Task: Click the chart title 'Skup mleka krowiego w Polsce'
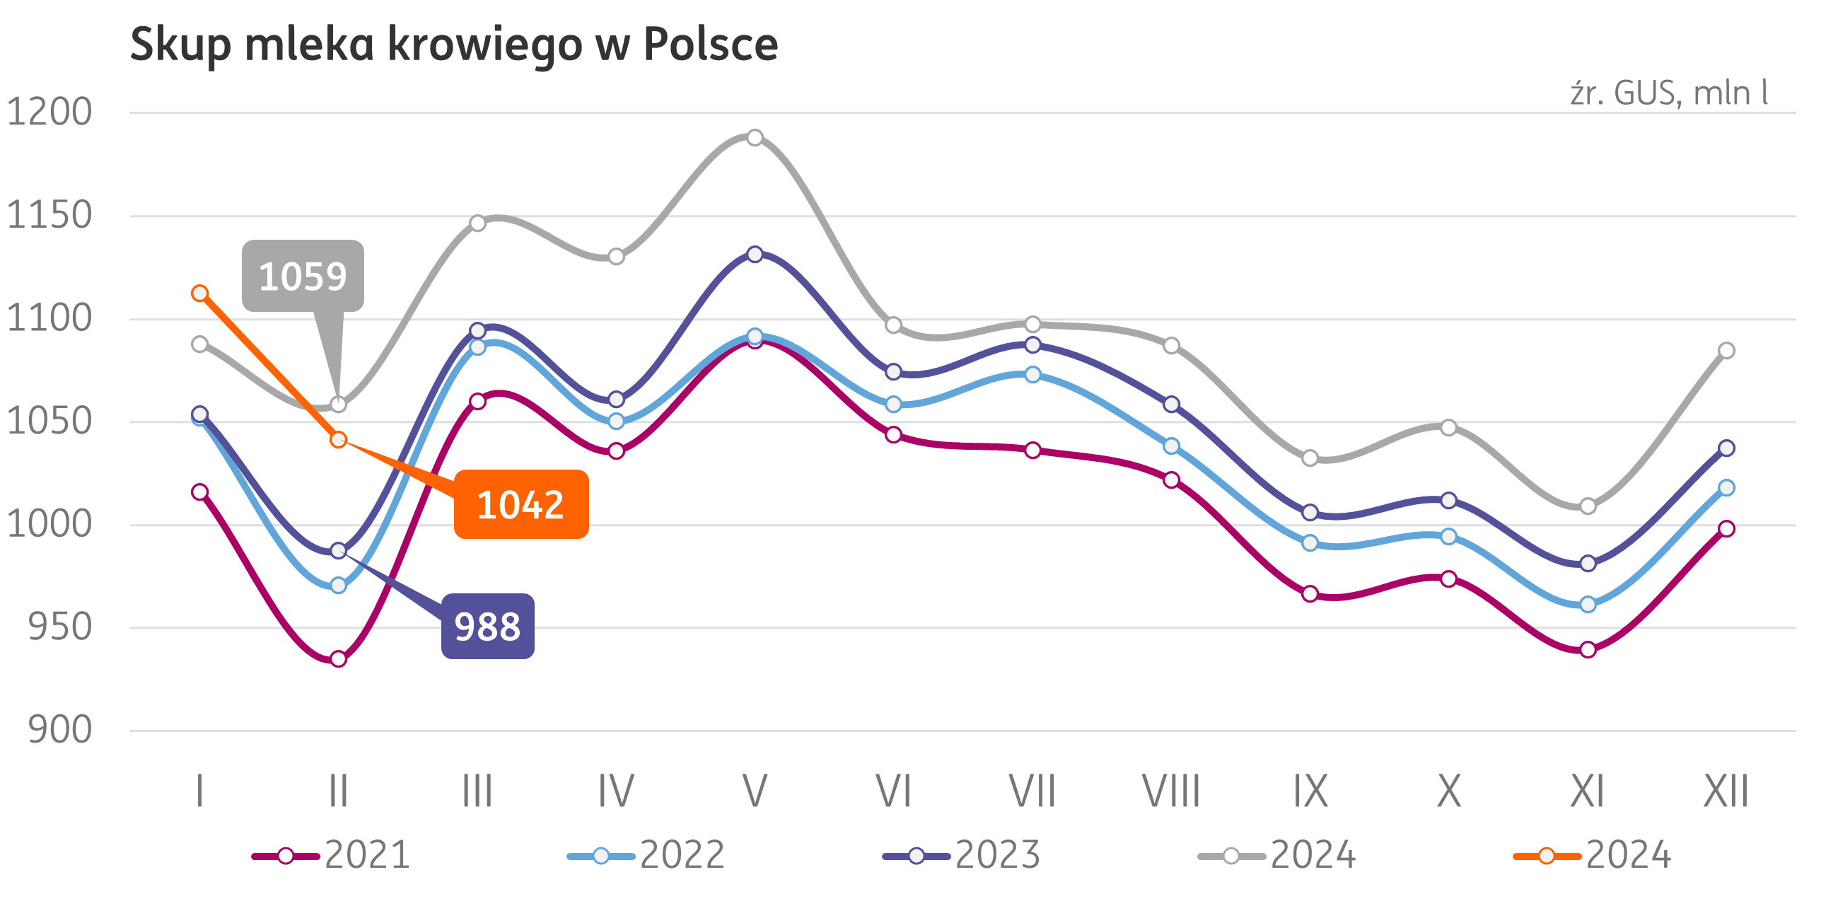[x=454, y=45]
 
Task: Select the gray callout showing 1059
[x=303, y=276]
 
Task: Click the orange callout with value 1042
[x=520, y=504]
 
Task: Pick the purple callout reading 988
[x=487, y=627]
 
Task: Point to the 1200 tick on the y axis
[x=50, y=112]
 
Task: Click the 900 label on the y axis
[x=60, y=729]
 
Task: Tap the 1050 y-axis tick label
[x=50, y=421]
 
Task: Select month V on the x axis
[x=755, y=791]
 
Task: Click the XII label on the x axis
[x=1726, y=791]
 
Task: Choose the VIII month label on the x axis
[x=1171, y=791]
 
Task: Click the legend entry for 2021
[x=332, y=855]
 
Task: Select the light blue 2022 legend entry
[x=646, y=855]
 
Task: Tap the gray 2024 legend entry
[x=1277, y=855]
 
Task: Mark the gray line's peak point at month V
[x=755, y=137]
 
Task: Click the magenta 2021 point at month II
[x=339, y=659]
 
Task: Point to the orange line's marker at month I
[x=200, y=293]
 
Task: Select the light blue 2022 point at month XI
[x=1588, y=605]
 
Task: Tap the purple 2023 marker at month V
[x=755, y=254]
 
